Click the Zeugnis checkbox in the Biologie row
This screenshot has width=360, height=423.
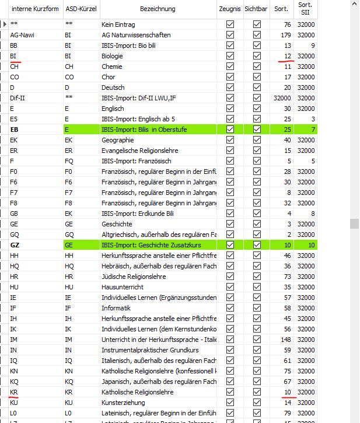click(x=230, y=56)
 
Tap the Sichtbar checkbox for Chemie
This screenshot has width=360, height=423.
click(x=257, y=67)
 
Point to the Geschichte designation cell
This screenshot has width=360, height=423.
click(x=117, y=224)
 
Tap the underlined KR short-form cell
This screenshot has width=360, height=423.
click(x=14, y=392)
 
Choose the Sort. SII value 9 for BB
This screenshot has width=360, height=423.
click(x=313, y=46)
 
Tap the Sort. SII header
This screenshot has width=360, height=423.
click(x=306, y=9)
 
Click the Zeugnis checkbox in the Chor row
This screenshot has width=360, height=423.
click(x=230, y=77)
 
